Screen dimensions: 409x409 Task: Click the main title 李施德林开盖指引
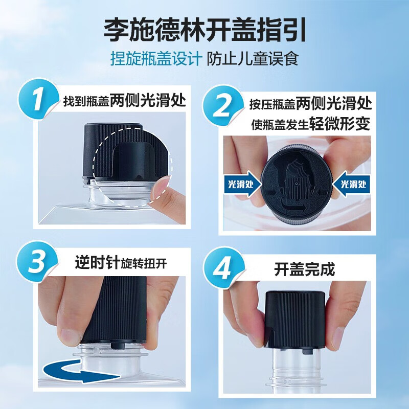[x=204, y=30]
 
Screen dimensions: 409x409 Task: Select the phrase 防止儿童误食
[x=252, y=58]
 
